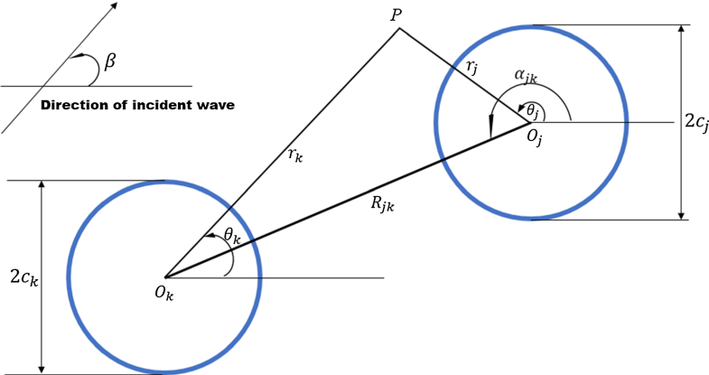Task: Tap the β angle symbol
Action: click(x=110, y=61)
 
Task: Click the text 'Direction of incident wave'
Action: click(x=138, y=106)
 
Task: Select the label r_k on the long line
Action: click(x=295, y=155)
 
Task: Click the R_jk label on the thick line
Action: click(x=383, y=204)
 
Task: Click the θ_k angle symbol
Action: click(x=232, y=237)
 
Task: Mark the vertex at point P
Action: click(x=399, y=28)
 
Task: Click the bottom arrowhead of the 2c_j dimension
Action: click(x=682, y=214)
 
